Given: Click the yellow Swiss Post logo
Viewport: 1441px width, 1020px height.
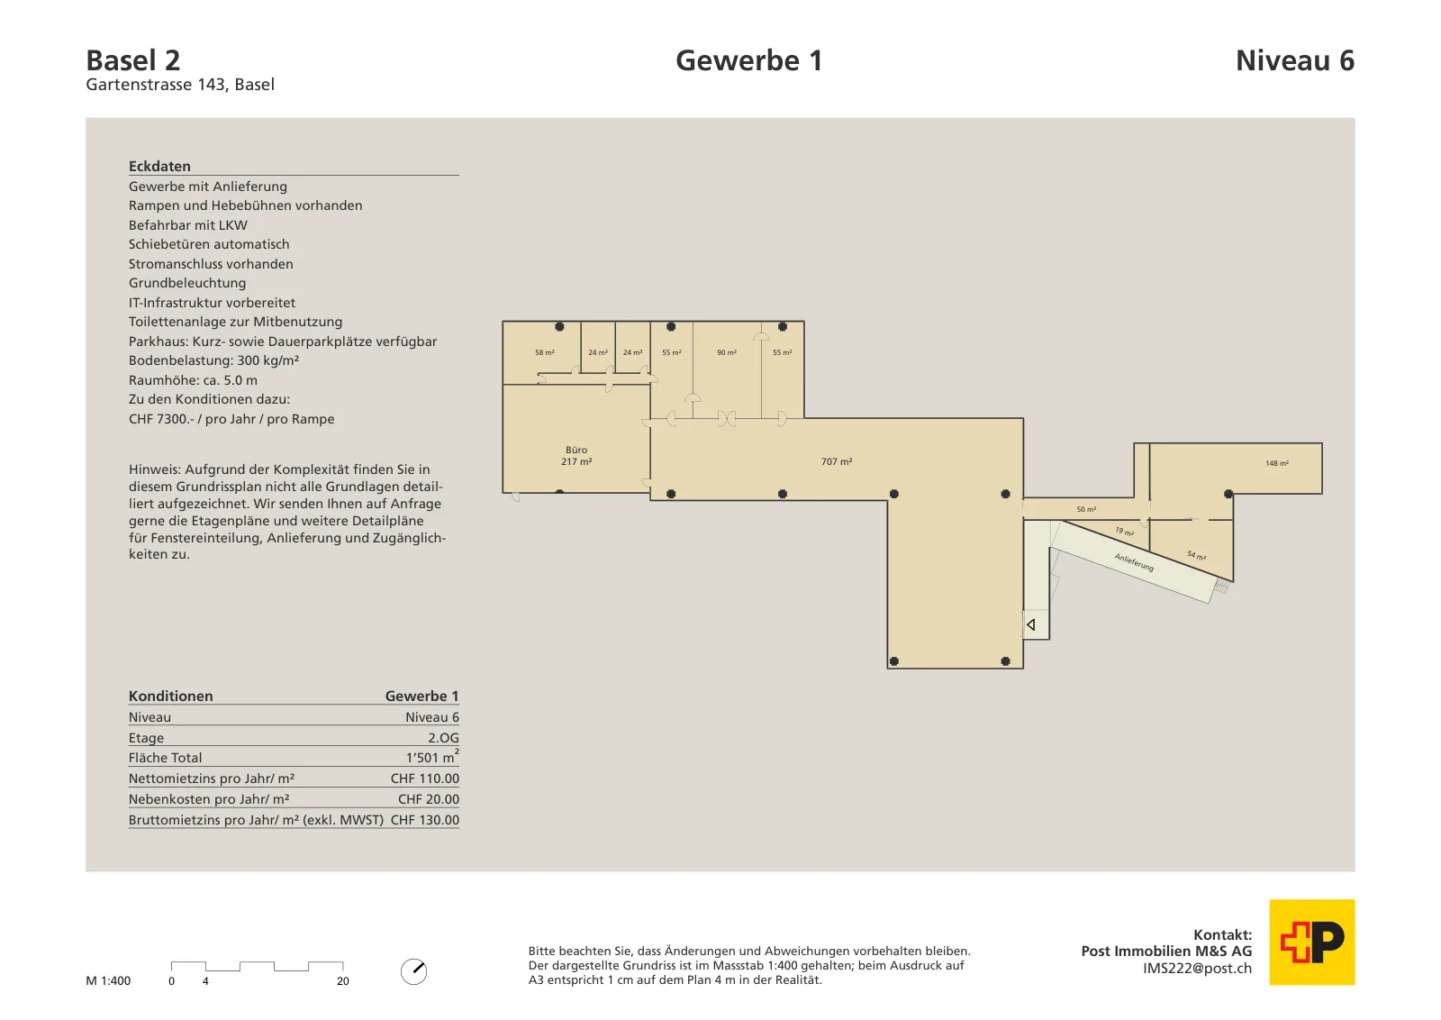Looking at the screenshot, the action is (1311, 943).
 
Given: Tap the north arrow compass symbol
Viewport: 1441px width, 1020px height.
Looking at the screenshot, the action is (413, 971).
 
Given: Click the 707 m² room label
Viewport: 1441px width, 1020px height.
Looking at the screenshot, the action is (837, 461).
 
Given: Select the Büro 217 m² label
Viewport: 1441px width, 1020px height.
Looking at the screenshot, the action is (576, 456).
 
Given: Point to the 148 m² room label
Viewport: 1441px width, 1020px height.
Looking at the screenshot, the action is (1277, 463).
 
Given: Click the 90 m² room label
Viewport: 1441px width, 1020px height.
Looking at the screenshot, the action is (727, 352).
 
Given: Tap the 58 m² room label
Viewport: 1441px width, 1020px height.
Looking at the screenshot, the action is (544, 352).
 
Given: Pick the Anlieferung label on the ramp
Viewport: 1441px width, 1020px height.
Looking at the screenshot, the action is (1134, 562).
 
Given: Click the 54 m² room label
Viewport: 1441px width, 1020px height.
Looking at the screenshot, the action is (1197, 555).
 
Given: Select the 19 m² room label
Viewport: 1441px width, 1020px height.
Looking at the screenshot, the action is (1125, 532).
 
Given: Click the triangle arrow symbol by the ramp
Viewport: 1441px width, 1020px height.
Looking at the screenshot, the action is (1030, 624).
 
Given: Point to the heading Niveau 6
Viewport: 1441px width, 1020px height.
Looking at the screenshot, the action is (1295, 60).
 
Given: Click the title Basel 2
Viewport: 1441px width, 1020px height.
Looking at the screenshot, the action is (133, 60).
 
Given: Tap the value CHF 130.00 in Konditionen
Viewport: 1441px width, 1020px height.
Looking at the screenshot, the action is (424, 820).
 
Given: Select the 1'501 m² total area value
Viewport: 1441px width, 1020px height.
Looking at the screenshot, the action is (432, 757).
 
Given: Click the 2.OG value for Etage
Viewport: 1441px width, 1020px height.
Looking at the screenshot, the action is (443, 737).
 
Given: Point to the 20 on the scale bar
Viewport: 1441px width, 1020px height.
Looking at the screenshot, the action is (343, 981).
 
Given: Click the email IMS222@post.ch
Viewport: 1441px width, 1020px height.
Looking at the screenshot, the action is (1197, 969).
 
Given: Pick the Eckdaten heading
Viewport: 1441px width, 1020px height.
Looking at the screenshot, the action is (159, 166).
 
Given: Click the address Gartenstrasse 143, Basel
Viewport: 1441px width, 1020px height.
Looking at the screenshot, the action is (180, 85).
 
